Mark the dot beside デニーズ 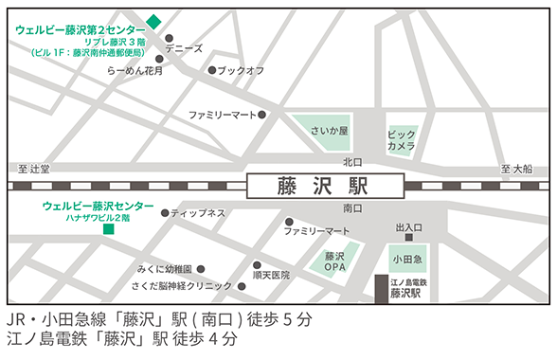[159, 46]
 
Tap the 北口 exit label [352, 162]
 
